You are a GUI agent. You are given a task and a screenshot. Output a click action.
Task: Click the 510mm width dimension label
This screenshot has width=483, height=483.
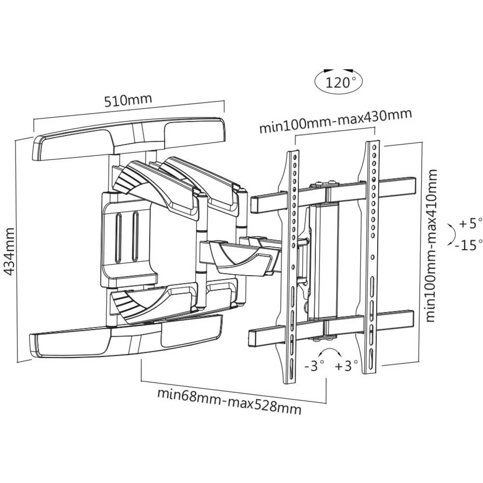128,100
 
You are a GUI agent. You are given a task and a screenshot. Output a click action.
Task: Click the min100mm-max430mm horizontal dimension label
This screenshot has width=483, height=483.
335,121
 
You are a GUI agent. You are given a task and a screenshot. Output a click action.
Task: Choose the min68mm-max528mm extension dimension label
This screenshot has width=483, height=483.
229,400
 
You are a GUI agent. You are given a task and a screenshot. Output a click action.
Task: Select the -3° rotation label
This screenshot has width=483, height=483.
314,366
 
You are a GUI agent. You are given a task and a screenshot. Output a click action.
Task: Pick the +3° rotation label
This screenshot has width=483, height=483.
346,366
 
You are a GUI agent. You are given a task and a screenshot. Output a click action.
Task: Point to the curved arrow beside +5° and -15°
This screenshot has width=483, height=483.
450,234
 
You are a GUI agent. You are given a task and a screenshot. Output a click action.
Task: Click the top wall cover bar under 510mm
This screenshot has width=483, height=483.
128,138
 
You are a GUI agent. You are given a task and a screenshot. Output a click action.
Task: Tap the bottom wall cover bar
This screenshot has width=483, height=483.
126,338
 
